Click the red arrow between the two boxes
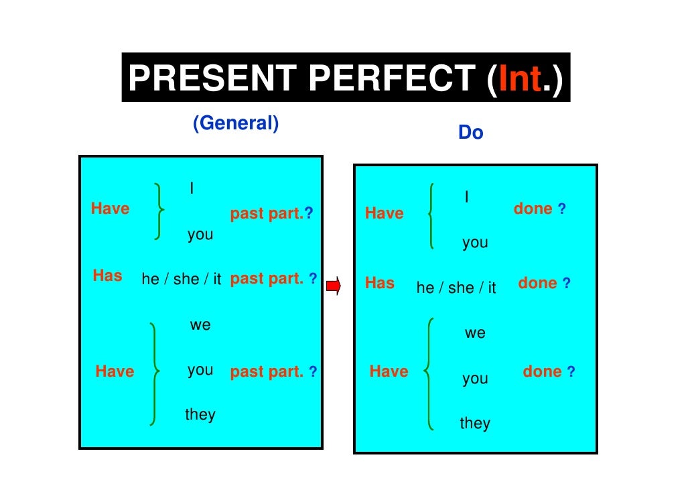pos(333,286)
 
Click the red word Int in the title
pos(515,78)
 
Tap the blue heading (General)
pos(235,123)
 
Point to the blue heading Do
pos(470,133)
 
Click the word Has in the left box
pos(107,276)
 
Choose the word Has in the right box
pos(380,283)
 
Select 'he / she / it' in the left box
pos(181,280)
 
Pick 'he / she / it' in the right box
pos(456,288)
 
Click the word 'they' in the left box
pos(200,414)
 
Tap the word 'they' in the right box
pos(475,423)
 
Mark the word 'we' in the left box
pos(200,325)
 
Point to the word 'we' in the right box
pos(475,333)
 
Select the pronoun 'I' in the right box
pos(466,197)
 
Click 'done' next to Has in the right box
pos(537,283)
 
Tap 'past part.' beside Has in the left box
pos(267,279)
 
